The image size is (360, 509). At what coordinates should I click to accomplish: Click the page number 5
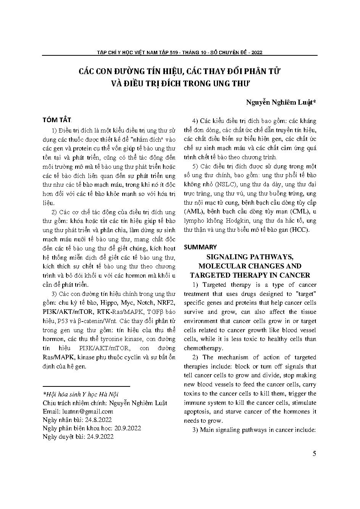pos(314,454)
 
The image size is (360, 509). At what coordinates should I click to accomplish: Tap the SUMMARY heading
pos(200,247)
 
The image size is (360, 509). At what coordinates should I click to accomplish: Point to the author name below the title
pos(281,102)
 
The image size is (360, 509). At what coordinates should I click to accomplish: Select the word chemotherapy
pos(203,348)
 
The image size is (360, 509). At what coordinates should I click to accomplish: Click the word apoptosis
pos(198,412)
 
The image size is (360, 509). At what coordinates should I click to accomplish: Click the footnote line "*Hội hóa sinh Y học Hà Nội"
pos(81,394)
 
